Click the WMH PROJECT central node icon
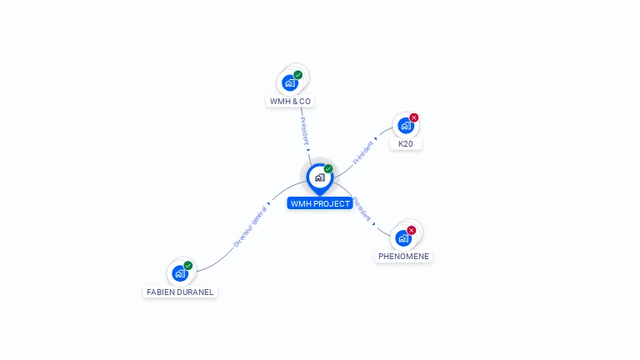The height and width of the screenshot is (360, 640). (x=319, y=177)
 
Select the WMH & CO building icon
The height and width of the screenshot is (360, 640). (x=290, y=82)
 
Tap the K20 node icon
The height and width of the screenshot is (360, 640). (x=405, y=126)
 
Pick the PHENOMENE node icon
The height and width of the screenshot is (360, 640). (x=403, y=238)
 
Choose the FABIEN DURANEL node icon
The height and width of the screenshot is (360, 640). (x=180, y=273)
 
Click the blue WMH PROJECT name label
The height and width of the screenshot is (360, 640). (x=320, y=203)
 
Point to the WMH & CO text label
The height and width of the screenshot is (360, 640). (x=290, y=102)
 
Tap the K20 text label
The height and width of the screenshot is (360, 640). (x=406, y=144)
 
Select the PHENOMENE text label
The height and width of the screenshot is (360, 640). (x=403, y=257)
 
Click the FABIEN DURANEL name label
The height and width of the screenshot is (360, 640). (x=180, y=292)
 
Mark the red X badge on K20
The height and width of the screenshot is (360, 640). (x=414, y=117)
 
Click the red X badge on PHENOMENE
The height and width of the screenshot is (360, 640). (x=412, y=230)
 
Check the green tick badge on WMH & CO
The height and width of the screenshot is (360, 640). (x=298, y=75)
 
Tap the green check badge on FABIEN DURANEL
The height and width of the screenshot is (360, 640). (x=188, y=265)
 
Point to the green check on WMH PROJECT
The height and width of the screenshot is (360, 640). (x=328, y=168)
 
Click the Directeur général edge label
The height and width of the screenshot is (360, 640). (x=250, y=227)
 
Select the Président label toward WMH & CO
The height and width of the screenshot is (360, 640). (x=304, y=131)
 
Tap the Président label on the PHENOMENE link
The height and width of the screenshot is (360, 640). (x=362, y=208)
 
